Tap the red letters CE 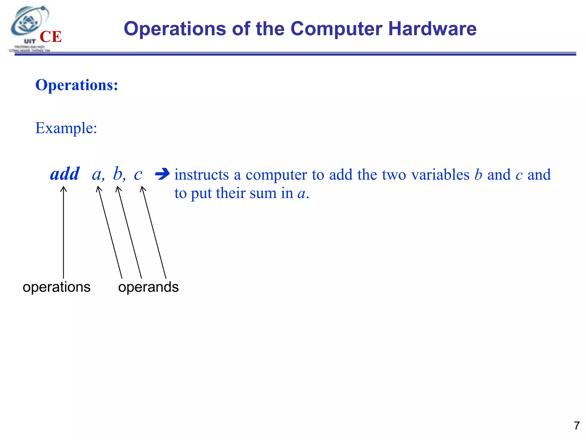click(51, 37)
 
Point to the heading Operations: click(76, 85)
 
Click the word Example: click(66, 128)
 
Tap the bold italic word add click(65, 174)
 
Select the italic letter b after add click(118, 174)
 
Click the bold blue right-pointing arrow click(162, 174)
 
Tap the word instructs click(201, 174)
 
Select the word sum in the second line click(263, 193)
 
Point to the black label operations click(56, 287)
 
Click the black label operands click(148, 287)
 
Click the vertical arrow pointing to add click(63, 232)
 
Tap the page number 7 click(577, 426)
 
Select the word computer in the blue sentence click(276, 175)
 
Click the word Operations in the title click(175, 29)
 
